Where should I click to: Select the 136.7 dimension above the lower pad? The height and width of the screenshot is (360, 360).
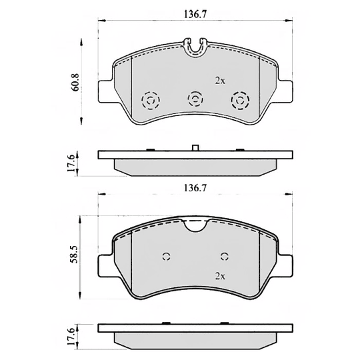pos(193,189)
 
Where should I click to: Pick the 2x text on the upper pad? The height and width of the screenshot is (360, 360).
pos(220,80)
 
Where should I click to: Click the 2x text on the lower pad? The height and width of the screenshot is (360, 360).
pos(220,275)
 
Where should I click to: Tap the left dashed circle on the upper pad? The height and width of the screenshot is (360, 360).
pos(151,101)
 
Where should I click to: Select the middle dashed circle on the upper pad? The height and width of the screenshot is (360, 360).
pos(195,99)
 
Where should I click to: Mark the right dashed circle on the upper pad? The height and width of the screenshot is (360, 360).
pos(239,101)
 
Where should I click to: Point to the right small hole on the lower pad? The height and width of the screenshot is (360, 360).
pos(225,257)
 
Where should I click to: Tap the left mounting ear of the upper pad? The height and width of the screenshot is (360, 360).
pos(105,90)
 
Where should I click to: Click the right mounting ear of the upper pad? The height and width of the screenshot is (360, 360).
pos(285,90)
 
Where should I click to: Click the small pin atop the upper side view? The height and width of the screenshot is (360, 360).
pos(195,147)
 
